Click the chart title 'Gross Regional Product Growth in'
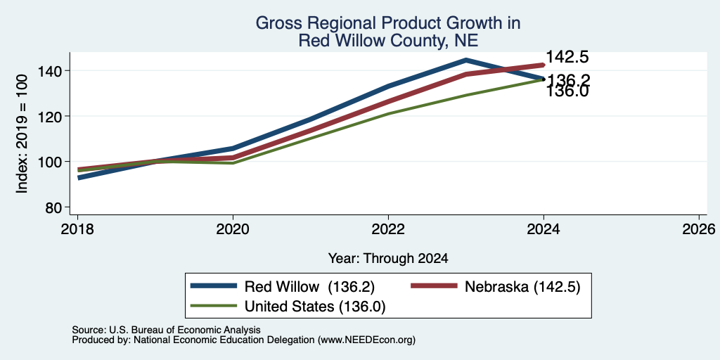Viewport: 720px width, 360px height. click(388, 23)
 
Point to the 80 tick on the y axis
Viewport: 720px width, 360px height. click(55, 207)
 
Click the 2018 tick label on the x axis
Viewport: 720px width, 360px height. click(77, 229)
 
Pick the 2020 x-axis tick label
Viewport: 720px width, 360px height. click(233, 229)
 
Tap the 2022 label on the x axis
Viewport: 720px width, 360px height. click(388, 229)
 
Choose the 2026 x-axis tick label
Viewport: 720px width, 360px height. click(699, 229)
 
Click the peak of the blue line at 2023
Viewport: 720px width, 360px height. click(466, 60)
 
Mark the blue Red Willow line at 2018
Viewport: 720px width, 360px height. click(79, 177)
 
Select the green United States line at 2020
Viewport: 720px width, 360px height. click(233, 163)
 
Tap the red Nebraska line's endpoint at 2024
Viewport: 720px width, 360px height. click(544, 65)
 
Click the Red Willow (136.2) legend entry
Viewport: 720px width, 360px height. click(283, 287)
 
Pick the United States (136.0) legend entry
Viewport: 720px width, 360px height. click(288, 307)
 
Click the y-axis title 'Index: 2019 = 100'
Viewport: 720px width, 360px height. click(22, 134)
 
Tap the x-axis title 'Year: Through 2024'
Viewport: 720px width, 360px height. click(388, 259)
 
